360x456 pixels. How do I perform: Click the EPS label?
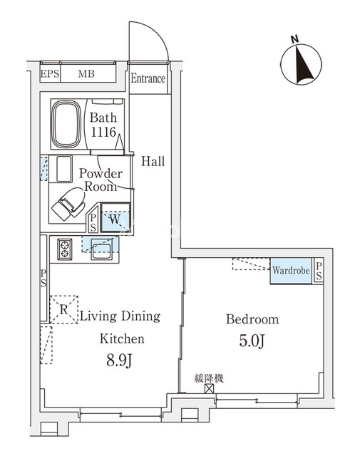(49, 74)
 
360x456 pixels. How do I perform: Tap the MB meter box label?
(86, 74)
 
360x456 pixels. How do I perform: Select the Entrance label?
(148, 78)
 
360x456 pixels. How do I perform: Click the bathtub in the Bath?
(66, 123)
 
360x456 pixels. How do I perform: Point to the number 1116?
(103, 133)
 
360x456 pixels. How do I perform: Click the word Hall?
(153, 161)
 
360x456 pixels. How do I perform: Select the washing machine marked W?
(115, 217)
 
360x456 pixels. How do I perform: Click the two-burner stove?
(65, 249)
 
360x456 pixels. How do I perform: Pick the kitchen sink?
(101, 249)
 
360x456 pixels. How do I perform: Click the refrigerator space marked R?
(63, 309)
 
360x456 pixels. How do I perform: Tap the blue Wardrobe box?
(291, 271)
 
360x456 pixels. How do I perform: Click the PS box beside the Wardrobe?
(319, 271)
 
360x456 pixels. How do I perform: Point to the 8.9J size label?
(120, 361)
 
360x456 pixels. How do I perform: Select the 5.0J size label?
(252, 341)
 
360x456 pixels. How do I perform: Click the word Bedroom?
(252, 319)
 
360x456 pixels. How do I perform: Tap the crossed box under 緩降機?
(209, 388)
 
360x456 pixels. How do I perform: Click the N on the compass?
(295, 40)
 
